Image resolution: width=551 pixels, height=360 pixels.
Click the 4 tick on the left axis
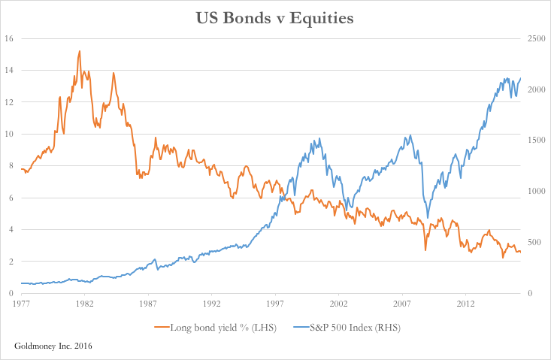click(8, 229)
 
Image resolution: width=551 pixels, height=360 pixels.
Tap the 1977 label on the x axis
click(21, 304)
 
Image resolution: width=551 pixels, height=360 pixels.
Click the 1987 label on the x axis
click(148, 304)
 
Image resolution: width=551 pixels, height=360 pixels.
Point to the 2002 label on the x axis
click(338, 304)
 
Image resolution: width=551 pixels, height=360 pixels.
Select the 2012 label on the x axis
click(465, 304)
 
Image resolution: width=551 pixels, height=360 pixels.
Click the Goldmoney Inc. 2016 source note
click(55, 345)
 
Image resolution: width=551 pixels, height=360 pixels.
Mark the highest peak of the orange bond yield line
click(80, 51)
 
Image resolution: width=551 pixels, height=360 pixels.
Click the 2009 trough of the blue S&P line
click(428, 217)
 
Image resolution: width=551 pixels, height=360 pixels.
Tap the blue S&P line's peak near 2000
click(320, 138)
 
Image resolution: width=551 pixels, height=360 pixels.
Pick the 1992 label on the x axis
click(211, 304)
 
